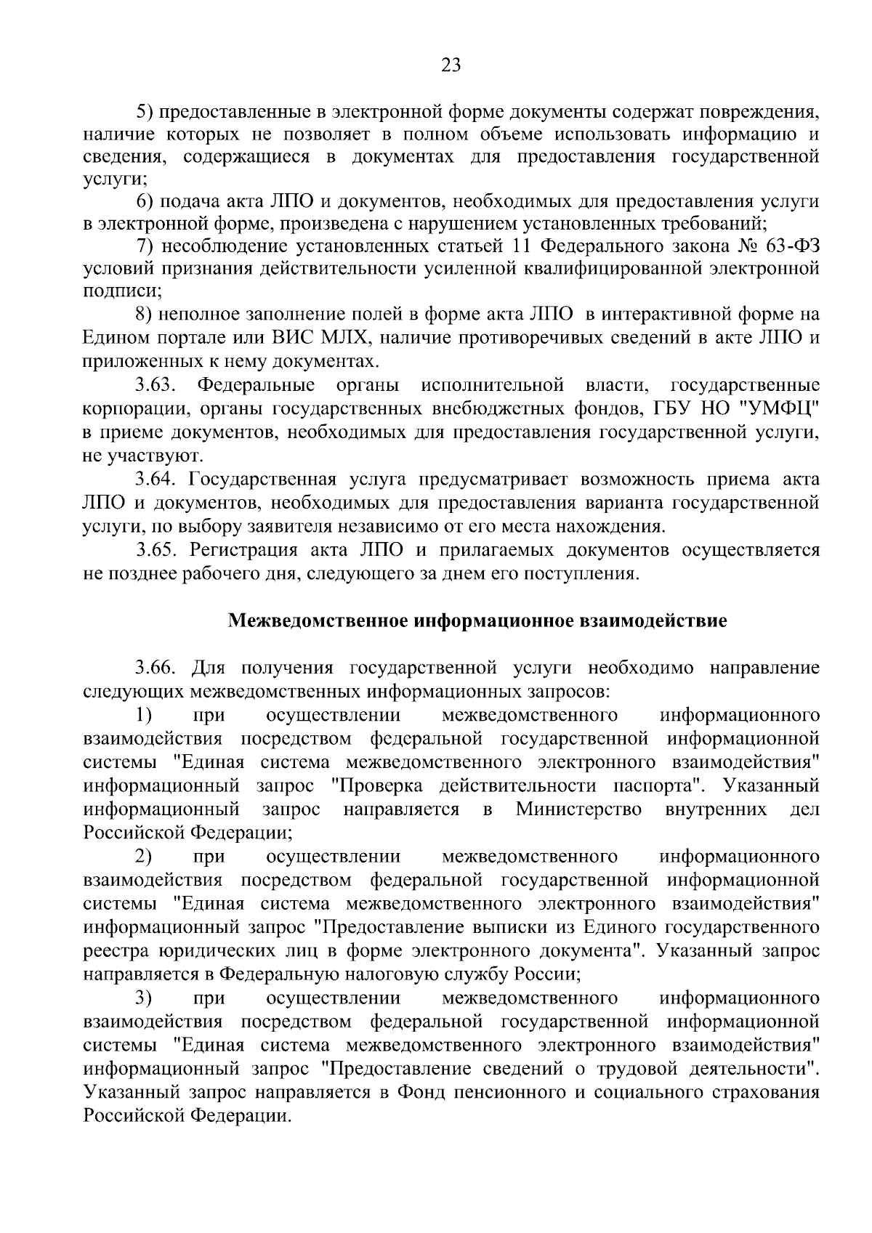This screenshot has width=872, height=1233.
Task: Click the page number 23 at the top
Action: pyautogui.click(x=451, y=66)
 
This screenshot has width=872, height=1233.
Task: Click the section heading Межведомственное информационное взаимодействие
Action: pyautogui.click(x=477, y=621)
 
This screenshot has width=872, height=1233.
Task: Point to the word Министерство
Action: pyautogui.click(x=579, y=809)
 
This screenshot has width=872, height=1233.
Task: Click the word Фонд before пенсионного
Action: pyautogui.click(x=419, y=1092)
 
